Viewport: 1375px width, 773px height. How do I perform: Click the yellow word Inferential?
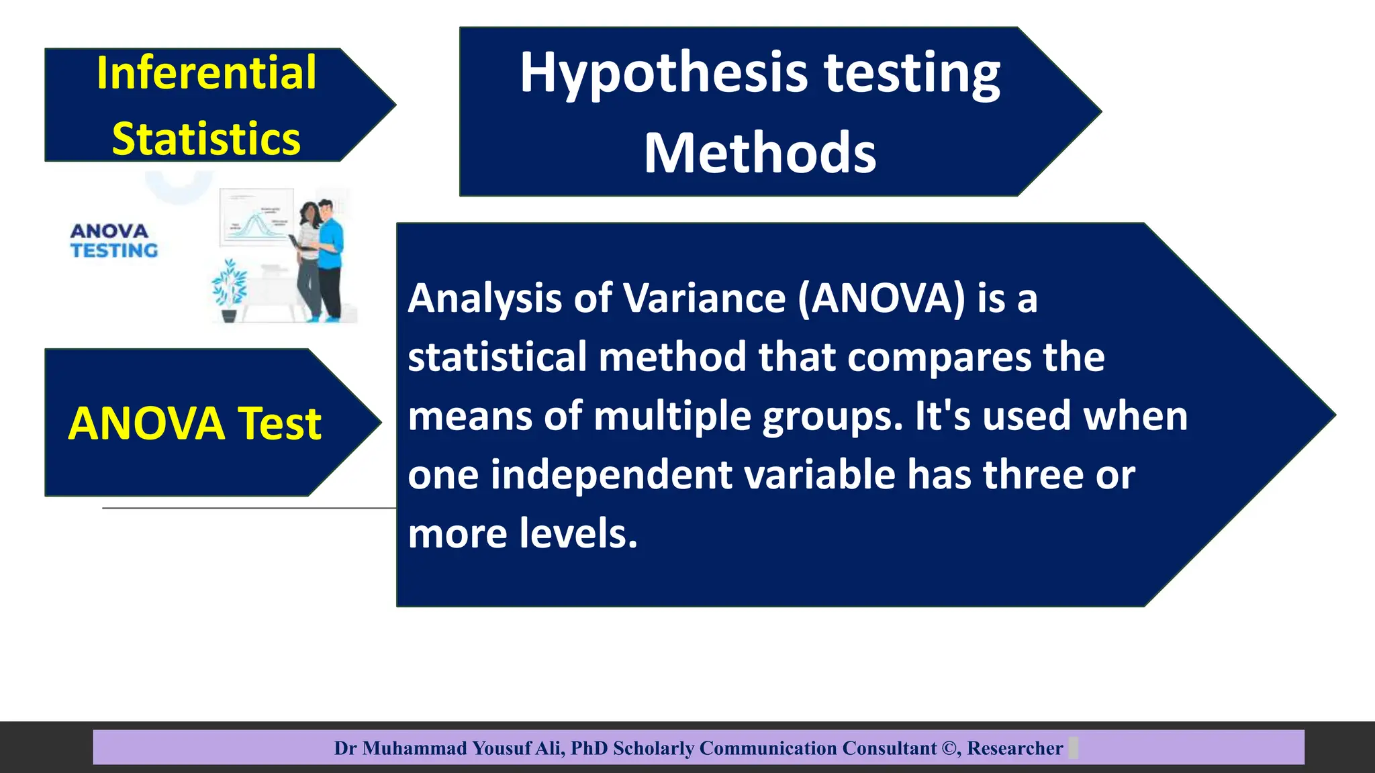pos(206,72)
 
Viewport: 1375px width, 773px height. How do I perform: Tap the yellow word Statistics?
pos(206,139)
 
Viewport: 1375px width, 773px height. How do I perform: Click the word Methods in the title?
pos(760,153)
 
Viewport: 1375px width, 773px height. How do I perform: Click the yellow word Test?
pos(280,423)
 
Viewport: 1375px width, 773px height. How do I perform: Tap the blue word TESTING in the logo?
pos(114,250)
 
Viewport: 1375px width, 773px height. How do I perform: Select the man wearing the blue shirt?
pos(330,258)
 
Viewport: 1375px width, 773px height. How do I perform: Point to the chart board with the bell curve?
pos(256,217)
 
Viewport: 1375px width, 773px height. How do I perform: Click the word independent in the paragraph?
pos(612,475)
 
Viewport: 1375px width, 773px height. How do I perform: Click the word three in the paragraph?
pos(1033,475)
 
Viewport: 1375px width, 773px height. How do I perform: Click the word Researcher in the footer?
pos(1015,748)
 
